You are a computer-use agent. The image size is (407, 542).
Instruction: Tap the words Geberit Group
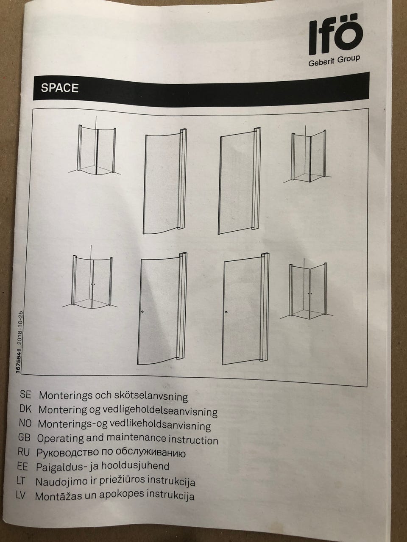click(x=334, y=61)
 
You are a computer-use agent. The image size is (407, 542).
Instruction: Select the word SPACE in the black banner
click(x=60, y=88)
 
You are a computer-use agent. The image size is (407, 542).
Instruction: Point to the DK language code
click(x=25, y=409)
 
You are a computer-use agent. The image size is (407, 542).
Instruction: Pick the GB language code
click(x=24, y=437)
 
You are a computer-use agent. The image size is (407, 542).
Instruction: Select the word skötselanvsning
click(x=151, y=397)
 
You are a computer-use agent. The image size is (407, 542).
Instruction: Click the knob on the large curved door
click(x=142, y=312)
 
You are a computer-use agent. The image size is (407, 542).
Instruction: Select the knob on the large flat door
click(x=226, y=312)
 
